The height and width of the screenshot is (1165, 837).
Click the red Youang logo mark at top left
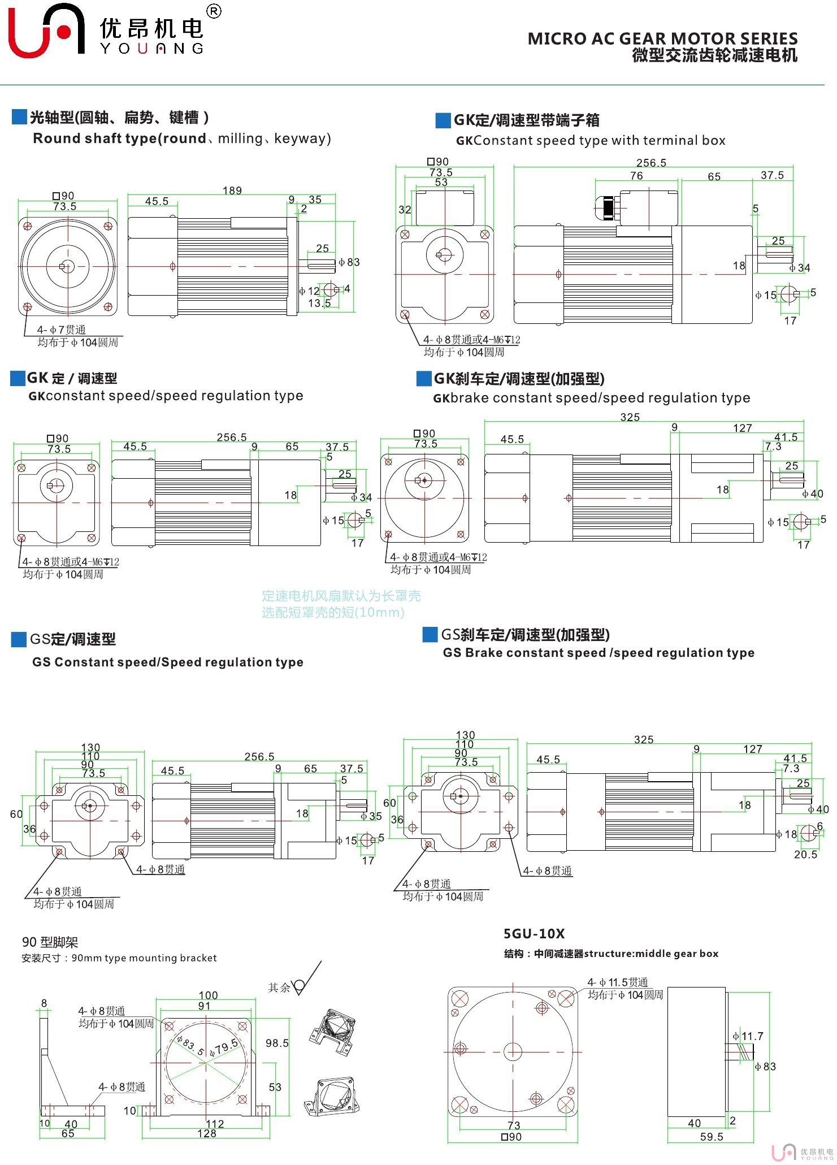(45, 31)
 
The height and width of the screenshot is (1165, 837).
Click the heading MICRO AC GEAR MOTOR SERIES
(662, 38)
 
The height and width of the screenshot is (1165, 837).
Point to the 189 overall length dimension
(232, 190)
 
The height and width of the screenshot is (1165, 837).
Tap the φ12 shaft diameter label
(310, 291)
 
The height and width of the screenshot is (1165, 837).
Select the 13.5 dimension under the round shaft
(319, 304)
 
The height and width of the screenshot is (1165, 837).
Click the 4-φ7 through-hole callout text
(61, 330)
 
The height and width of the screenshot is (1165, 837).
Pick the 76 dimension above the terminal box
(636, 176)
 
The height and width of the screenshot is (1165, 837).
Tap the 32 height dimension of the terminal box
(405, 210)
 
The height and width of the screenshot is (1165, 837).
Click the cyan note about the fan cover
(341, 604)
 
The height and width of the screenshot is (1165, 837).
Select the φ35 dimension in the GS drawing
(372, 816)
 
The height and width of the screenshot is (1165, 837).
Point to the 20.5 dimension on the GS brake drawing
(805, 855)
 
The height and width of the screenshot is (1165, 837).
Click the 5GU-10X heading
(534, 934)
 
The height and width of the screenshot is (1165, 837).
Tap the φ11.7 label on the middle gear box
(748, 1036)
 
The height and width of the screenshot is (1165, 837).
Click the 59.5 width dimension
(711, 1137)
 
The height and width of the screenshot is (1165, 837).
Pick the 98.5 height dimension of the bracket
(277, 1043)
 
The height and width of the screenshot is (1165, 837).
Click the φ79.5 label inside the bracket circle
(224, 1047)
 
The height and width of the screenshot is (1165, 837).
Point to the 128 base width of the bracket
(207, 1133)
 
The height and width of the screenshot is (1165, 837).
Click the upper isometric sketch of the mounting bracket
(333, 1032)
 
